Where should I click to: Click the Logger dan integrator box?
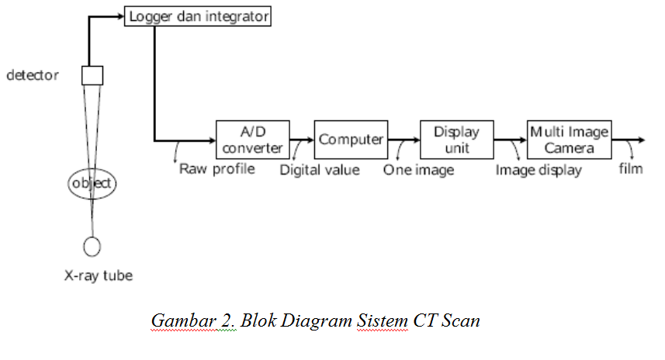198,16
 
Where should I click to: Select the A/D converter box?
252,140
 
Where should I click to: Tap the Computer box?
351,140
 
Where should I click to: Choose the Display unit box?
456,140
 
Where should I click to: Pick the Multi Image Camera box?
569,140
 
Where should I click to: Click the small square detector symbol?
92,75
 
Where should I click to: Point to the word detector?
32,76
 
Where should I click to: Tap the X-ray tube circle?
92,246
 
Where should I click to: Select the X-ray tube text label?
98,275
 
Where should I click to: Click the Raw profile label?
216,168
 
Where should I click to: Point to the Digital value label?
320,169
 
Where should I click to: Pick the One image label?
418,169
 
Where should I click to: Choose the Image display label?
539,170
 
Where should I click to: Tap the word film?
631,168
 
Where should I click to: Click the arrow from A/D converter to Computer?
302,140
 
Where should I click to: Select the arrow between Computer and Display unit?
404,140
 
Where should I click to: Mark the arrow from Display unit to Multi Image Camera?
510,140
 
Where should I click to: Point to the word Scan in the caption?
461,320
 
